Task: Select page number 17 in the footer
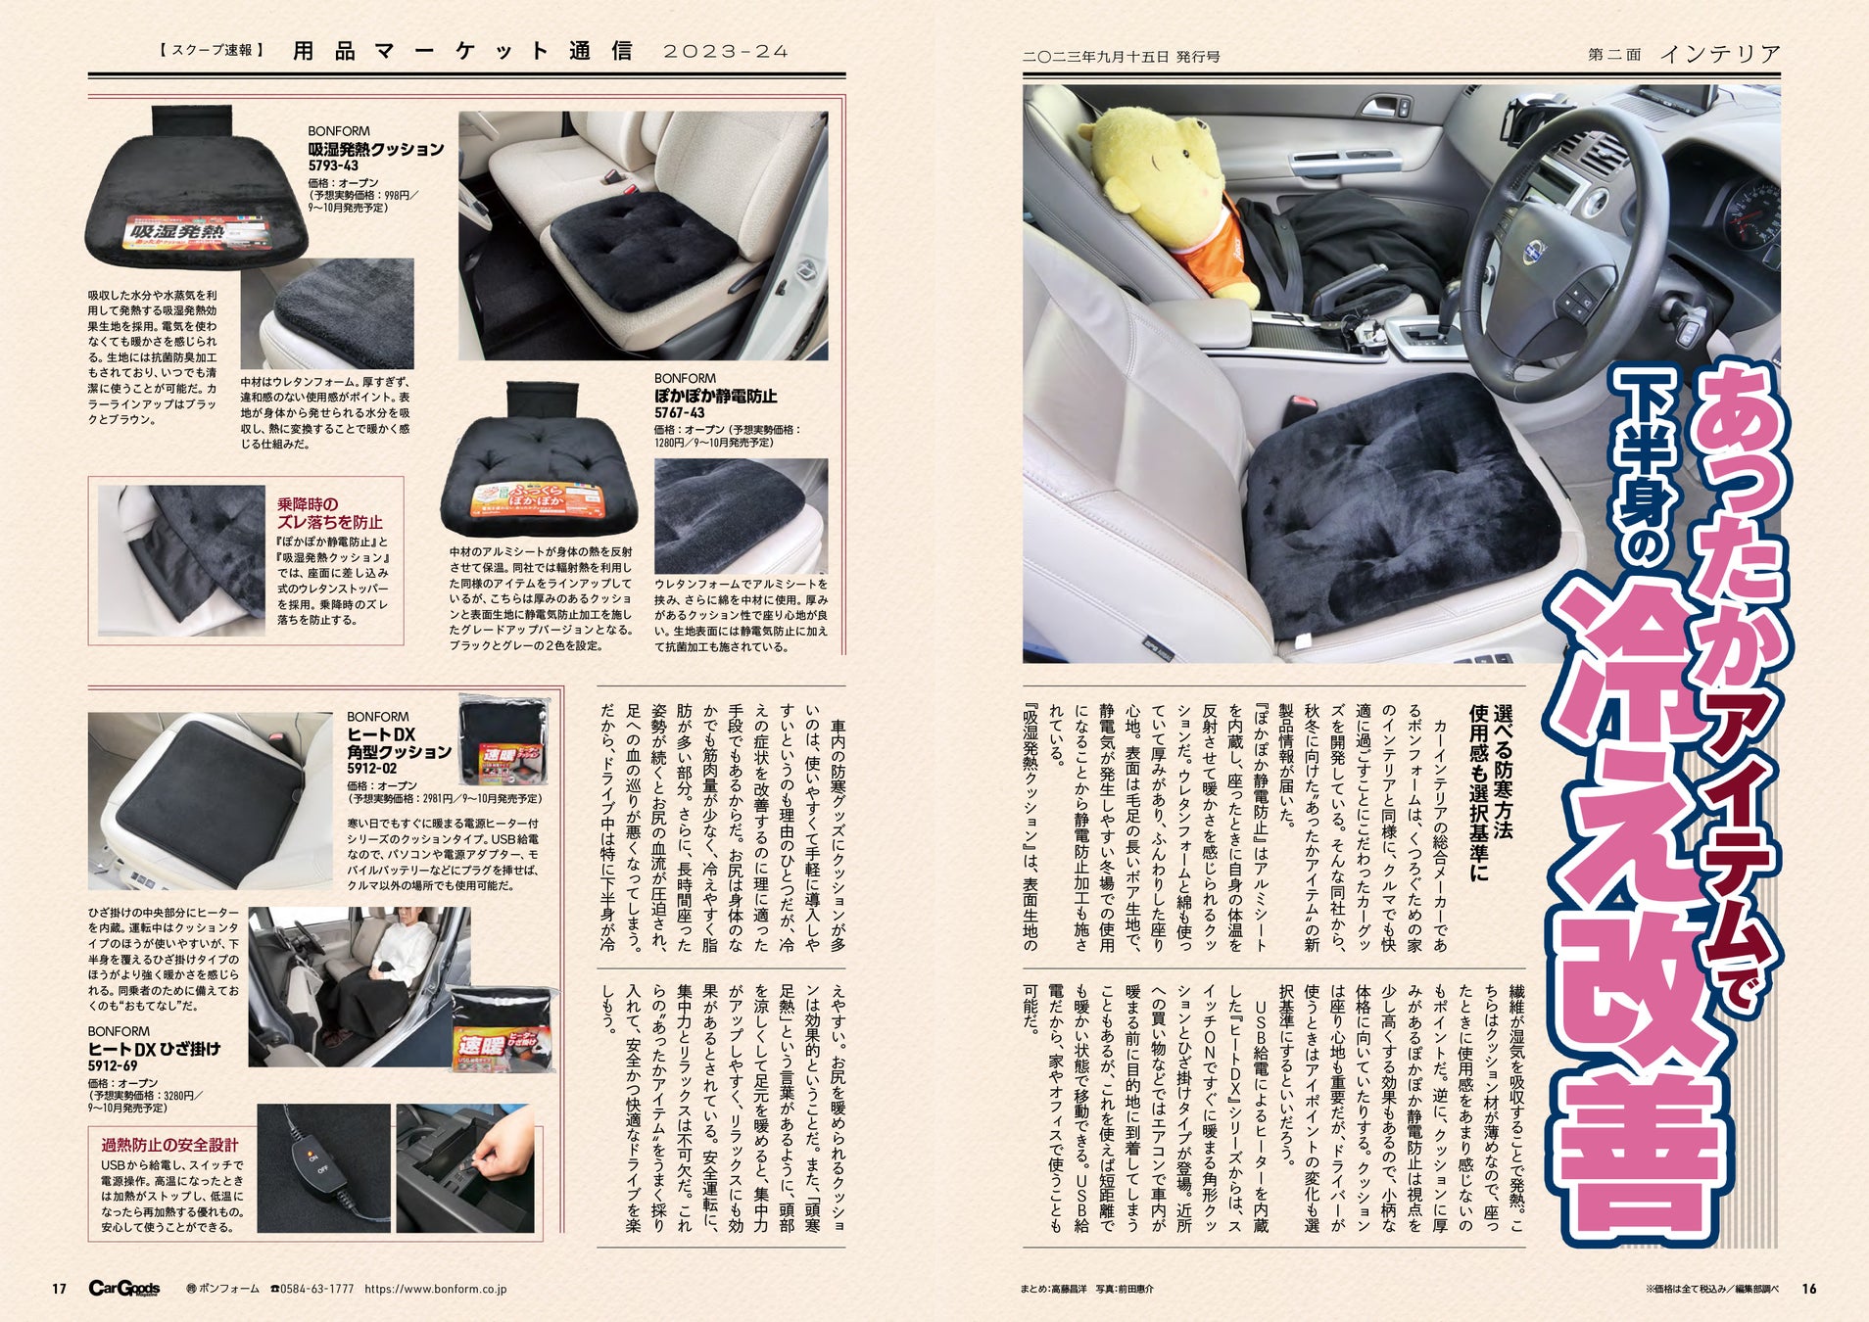click(x=59, y=1289)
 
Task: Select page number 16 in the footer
click(x=1808, y=1289)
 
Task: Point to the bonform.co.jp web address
click(x=435, y=1290)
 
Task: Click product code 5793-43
click(x=333, y=166)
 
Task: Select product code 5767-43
click(x=680, y=413)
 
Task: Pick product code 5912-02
click(x=372, y=770)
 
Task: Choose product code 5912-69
click(x=113, y=1066)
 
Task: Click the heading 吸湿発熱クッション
click(x=376, y=149)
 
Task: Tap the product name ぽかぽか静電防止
click(x=716, y=396)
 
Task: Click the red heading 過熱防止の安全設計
click(x=169, y=1145)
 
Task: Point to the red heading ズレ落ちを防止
click(x=329, y=523)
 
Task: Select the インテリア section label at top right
click(x=1720, y=54)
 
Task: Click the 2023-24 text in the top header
click(x=726, y=52)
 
